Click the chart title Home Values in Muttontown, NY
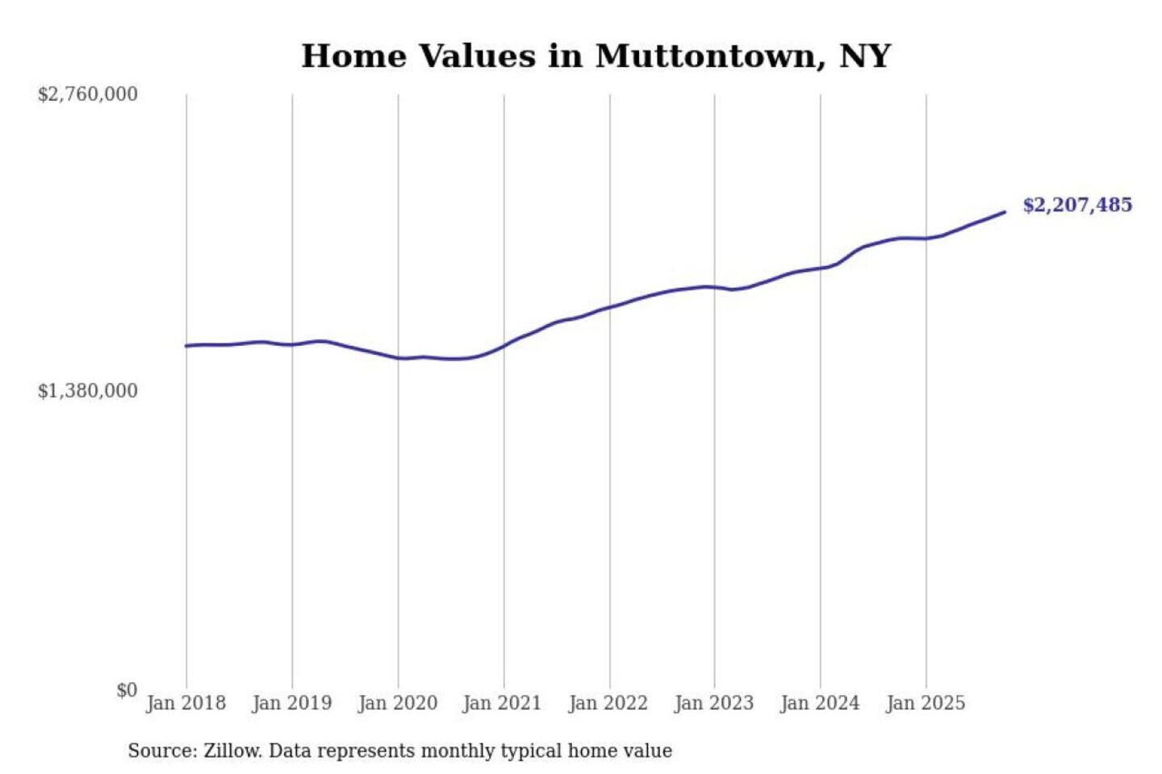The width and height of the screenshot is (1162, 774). point(596,56)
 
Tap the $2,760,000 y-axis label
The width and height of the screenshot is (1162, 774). point(88,94)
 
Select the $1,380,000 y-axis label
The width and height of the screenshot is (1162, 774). point(88,391)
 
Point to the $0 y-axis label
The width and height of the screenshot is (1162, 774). point(127,690)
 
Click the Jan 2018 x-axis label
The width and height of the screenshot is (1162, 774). point(186,703)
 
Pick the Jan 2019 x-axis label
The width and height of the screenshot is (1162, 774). point(291,703)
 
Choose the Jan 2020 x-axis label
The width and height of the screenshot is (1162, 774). point(397,703)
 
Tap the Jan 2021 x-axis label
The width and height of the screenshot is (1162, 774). point(502,703)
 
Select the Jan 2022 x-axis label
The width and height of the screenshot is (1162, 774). point(608,703)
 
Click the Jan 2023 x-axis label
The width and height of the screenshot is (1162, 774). point(713,703)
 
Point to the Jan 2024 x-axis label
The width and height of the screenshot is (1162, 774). point(819,703)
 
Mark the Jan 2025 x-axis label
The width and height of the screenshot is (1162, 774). point(925,703)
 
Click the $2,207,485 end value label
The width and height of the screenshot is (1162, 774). point(1077,205)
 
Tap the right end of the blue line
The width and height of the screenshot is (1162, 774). point(1005,212)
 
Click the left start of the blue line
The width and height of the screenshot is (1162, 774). point(186,346)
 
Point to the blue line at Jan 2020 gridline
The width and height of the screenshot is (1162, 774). point(398,358)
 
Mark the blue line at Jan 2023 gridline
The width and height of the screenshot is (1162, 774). point(714,286)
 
